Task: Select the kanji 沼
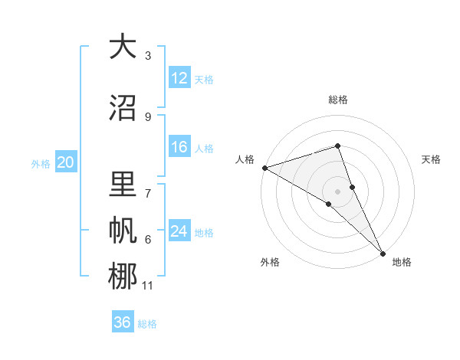[x=122, y=107]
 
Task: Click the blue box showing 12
[x=179, y=78]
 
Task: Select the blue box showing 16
[x=179, y=147]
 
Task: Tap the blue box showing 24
[x=179, y=232]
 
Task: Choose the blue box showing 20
[x=66, y=162]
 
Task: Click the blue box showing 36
[x=122, y=322]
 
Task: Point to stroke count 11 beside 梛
[x=148, y=286]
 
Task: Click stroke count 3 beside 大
[x=148, y=56]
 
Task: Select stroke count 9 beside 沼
[x=148, y=116]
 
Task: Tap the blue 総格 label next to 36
[x=148, y=324]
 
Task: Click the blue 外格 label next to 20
[x=41, y=163]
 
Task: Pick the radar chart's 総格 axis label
[x=337, y=100]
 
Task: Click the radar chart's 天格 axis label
[x=432, y=159]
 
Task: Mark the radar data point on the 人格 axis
[x=264, y=167]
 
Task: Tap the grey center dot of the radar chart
[x=337, y=191]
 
